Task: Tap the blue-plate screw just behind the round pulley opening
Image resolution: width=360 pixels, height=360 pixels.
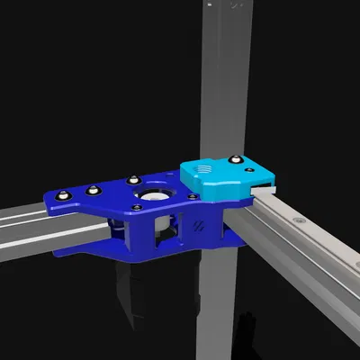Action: point(132,177)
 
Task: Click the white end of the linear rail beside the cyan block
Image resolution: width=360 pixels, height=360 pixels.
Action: point(264,189)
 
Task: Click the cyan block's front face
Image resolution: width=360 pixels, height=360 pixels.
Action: point(216,188)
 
